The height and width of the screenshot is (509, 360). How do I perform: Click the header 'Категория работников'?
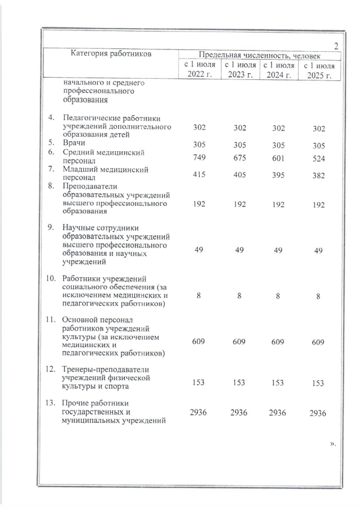click(111, 54)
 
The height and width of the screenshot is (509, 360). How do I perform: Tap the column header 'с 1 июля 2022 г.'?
click(199, 71)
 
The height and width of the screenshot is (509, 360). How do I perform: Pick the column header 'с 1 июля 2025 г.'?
click(319, 71)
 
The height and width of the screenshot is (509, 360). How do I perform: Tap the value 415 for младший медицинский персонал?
click(199, 175)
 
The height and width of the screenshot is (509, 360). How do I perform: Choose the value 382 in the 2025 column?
click(319, 175)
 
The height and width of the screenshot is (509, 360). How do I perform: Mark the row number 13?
click(51, 403)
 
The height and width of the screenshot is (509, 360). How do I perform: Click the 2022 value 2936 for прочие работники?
click(199, 412)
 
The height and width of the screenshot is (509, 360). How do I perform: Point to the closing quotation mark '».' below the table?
click(333, 444)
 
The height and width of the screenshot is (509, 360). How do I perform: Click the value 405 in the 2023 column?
click(239, 175)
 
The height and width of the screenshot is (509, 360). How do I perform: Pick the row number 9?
click(51, 227)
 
